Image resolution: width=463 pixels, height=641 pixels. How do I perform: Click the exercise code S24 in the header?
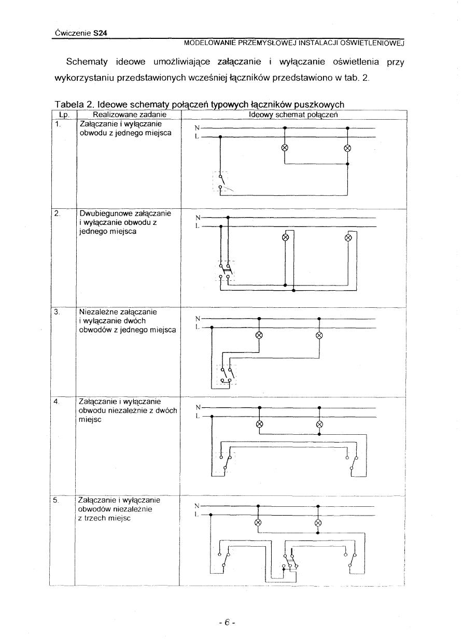(100, 33)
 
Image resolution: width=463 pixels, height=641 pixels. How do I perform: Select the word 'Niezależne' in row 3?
(99, 312)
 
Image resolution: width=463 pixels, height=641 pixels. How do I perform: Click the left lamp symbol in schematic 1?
(285, 148)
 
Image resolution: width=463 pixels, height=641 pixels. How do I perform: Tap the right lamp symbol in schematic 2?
(348, 238)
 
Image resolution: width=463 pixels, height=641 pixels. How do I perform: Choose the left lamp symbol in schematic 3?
(259, 335)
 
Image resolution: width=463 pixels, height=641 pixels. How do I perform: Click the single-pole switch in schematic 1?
(222, 184)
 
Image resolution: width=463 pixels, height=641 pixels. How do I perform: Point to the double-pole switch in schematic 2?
(225, 271)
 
